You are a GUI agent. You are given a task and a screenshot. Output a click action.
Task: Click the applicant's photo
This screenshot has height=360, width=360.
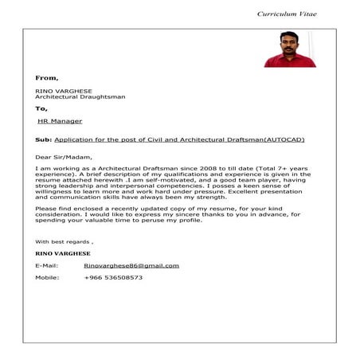[x=290, y=49]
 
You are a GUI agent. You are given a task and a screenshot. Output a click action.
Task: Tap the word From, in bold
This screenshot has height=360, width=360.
[x=47, y=78]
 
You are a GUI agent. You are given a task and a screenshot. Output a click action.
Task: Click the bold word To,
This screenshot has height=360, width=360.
[x=41, y=108]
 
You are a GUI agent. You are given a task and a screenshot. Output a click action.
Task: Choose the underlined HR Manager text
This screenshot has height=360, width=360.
[x=60, y=122]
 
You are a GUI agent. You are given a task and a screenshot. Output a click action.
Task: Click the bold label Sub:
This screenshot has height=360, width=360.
[x=43, y=139]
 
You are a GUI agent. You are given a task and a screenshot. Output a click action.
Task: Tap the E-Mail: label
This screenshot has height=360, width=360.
[x=47, y=264]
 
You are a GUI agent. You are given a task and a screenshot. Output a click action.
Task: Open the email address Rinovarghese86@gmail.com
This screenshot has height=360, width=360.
[x=131, y=264]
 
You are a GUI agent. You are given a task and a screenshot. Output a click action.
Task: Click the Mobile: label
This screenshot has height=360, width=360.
[x=47, y=277]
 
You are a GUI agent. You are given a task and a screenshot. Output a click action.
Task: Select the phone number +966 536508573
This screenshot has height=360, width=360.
[x=113, y=277]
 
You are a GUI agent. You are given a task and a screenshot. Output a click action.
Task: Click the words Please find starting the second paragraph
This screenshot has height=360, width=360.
[x=53, y=208]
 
